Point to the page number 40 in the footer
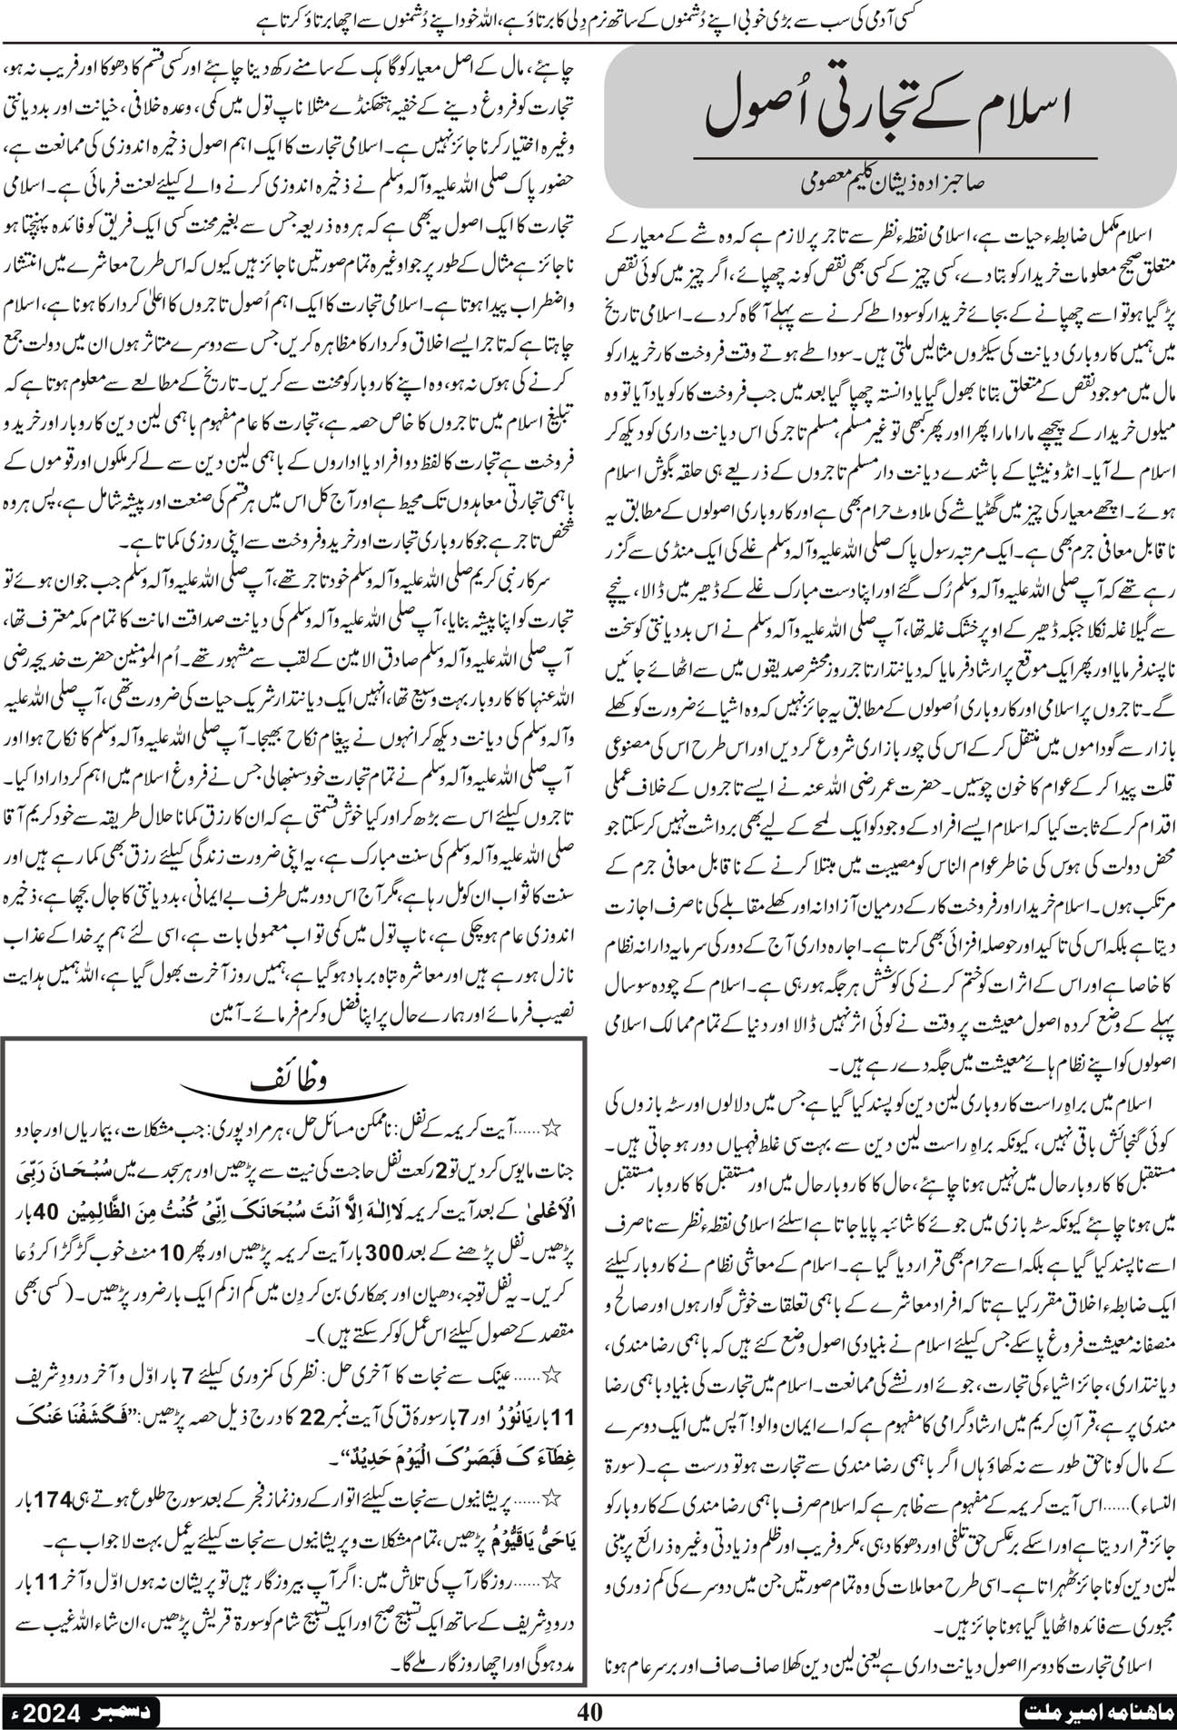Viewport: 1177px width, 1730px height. coord(589,1711)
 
